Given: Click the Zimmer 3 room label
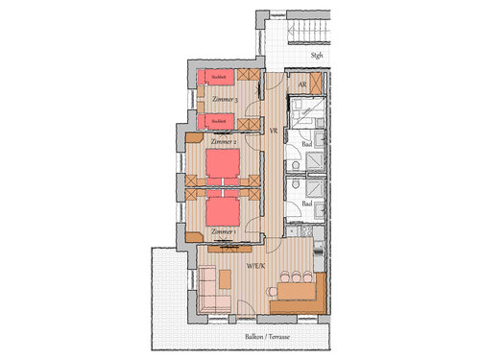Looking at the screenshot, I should click(x=224, y=99).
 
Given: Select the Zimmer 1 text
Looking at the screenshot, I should click(x=224, y=231).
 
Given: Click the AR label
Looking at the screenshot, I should click(x=301, y=85).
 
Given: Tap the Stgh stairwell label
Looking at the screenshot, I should click(x=316, y=56).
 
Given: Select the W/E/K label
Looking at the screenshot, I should click(x=255, y=264).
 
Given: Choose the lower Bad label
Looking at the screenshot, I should click(x=305, y=204).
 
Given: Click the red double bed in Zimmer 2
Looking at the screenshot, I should click(x=223, y=164).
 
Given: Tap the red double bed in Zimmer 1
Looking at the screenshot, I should click(x=223, y=208).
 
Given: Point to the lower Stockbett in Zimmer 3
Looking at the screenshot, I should click(x=220, y=121).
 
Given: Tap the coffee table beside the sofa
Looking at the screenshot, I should click(x=226, y=278).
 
